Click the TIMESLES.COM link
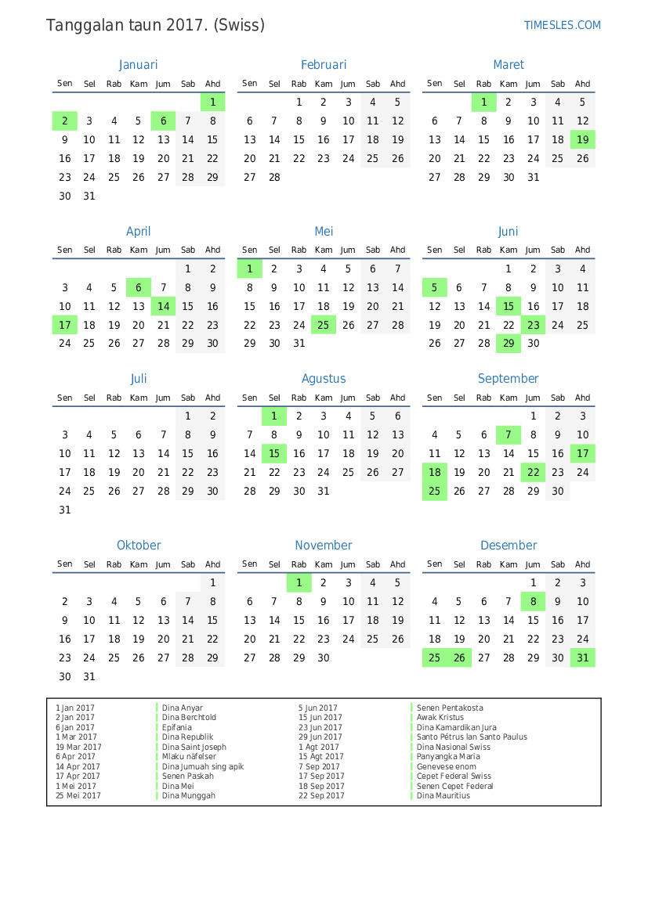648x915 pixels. pos(562,25)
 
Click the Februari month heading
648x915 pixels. pos(324,65)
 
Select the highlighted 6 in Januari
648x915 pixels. pos(163,121)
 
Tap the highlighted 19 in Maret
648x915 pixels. pos(582,140)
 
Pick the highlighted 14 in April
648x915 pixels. pos(163,306)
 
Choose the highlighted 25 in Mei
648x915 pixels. pos(324,325)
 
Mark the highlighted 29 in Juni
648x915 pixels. pos(509,344)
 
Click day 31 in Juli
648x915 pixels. pos(65,510)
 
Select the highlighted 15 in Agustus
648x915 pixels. pos(274,454)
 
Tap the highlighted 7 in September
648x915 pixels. pos(509,435)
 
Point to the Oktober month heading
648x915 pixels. pos(139,546)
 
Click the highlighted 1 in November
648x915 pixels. pos(299,583)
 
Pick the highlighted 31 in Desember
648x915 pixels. pos(582,658)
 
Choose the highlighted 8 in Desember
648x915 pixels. pos(533,602)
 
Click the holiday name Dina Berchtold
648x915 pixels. pos(189,718)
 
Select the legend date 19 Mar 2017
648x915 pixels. pos(78,747)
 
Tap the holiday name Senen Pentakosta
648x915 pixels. pos(450,708)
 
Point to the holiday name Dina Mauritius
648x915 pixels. pos(443,796)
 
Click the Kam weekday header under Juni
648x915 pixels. pos(509,250)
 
